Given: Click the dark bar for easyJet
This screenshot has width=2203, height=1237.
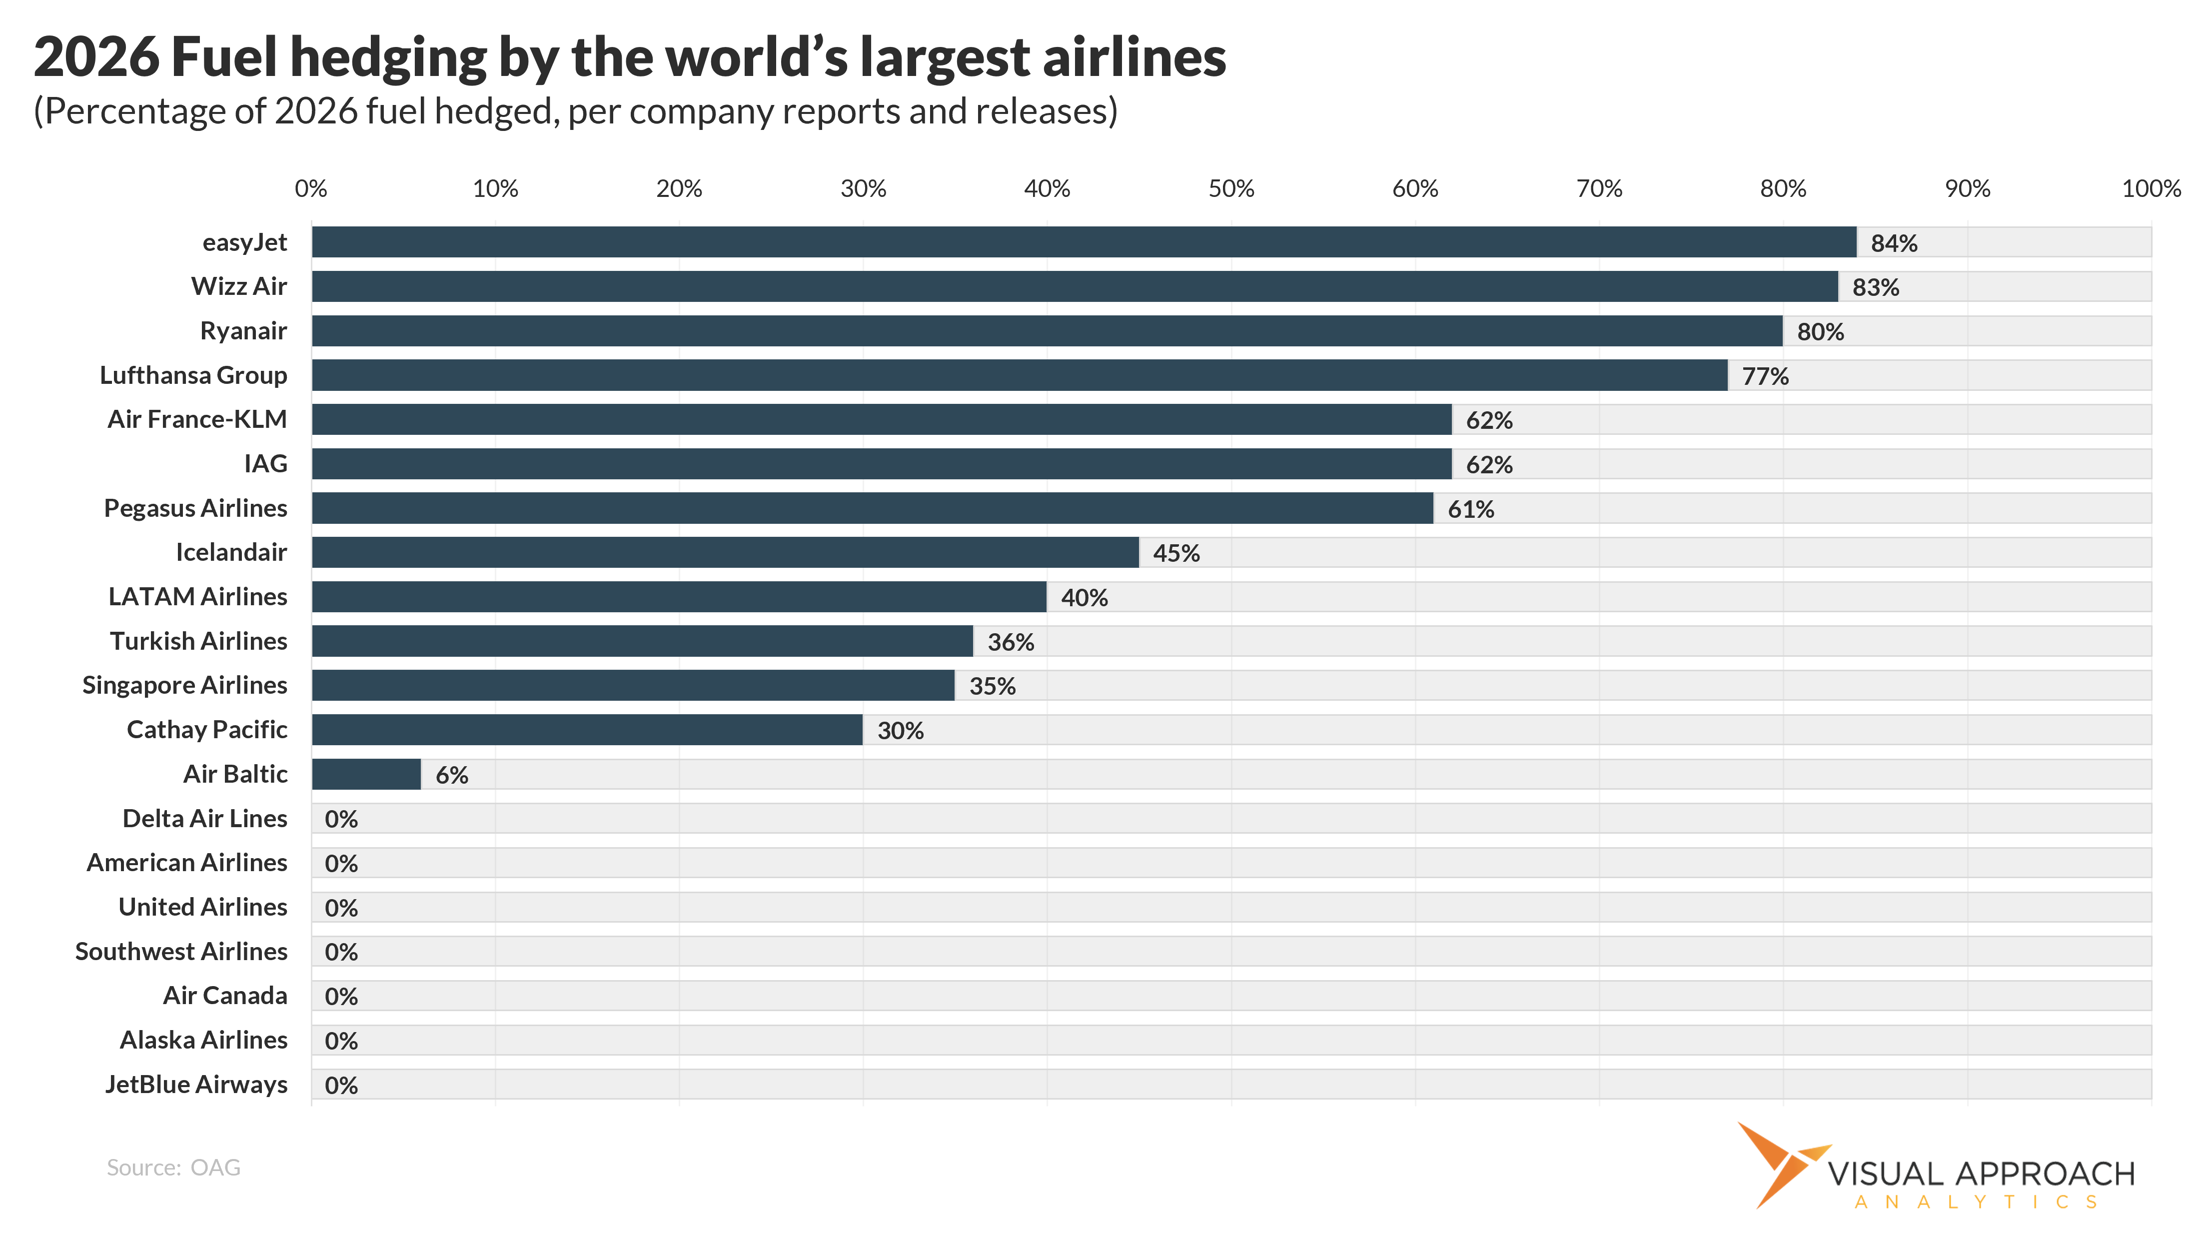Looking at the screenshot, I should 1084,242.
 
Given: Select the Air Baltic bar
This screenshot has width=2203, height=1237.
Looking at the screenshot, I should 366,774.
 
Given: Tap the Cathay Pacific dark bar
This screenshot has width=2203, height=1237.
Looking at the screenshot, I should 587,730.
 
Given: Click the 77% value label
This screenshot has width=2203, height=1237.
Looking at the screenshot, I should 1765,376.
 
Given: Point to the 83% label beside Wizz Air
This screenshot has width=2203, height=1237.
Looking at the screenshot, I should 1876,287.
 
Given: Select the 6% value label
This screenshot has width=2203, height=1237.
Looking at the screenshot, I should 452,775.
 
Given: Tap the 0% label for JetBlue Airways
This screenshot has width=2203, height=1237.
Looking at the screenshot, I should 341,1086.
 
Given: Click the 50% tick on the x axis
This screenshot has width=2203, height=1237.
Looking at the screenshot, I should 1230,189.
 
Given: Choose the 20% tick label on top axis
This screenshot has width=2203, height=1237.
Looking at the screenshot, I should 679,189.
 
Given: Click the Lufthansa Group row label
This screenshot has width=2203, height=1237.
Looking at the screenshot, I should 193,375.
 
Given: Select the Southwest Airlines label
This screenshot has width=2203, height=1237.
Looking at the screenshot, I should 181,951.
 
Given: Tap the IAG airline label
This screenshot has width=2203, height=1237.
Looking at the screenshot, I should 265,464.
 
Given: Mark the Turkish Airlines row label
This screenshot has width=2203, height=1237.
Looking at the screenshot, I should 198,641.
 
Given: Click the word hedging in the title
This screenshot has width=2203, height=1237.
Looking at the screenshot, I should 389,58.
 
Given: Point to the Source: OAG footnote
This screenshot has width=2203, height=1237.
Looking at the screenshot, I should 173,1168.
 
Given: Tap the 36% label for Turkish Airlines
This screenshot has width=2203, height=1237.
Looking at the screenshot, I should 1011,642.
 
